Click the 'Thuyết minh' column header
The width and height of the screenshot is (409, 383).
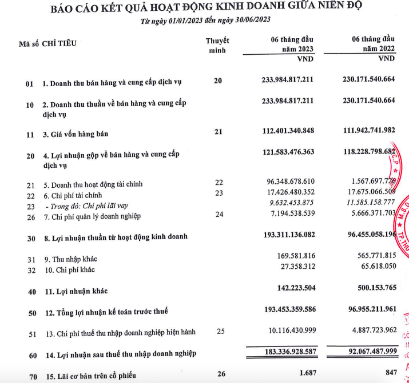click(217, 45)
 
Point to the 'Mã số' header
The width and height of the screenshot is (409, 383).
click(28, 43)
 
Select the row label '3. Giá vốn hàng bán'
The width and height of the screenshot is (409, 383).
click(75, 135)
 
